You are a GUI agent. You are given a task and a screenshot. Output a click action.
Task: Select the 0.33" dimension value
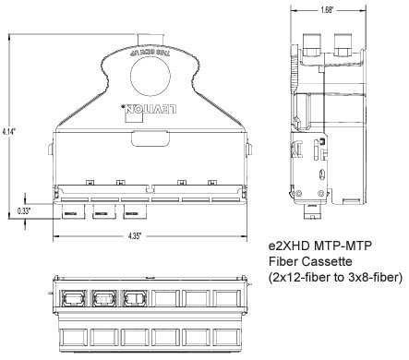(x=25, y=211)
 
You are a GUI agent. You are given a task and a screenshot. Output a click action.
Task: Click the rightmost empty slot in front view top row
(x=226, y=300)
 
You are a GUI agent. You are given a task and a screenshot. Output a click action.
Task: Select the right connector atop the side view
(x=343, y=41)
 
